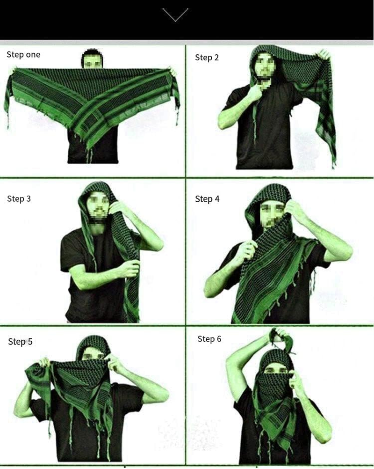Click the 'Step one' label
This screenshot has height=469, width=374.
click(23, 55)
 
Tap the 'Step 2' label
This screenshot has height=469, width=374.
click(207, 58)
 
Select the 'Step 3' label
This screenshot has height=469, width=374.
click(19, 198)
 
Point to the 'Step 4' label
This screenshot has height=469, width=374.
click(207, 199)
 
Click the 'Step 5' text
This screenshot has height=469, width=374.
click(20, 342)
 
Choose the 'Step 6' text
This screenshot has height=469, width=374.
click(209, 339)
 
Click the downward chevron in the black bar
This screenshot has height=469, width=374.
click(175, 14)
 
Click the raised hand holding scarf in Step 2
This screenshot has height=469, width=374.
click(323, 55)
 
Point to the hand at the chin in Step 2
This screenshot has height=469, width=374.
click(255, 91)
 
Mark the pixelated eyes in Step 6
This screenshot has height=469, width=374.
click(275, 370)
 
